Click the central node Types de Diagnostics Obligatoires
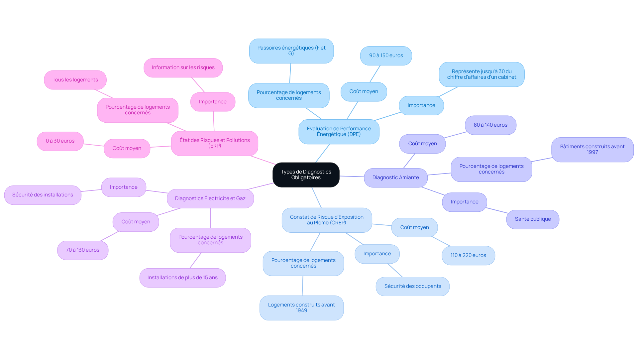pos(306,175)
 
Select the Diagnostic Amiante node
pos(395,178)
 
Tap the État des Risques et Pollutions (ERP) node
pos(214,143)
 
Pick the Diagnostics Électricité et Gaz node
pos(210,198)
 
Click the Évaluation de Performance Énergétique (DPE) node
pos(339,132)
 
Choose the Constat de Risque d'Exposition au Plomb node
pos(326,220)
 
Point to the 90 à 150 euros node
pos(386,56)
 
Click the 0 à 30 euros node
pos(60,141)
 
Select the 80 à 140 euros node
pos(490,125)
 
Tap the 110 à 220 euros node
pos(468,255)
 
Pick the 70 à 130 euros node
pos(82,250)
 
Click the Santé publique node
pos(532,219)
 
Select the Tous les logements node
pos(75,80)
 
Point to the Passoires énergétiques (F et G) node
pos(291,51)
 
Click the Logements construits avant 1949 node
pos(301,308)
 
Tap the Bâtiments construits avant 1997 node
pos(592,150)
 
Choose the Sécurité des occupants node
pos(412,286)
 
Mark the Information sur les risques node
pos(183,68)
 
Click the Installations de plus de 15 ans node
pos(182,278)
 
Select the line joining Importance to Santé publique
pos(497,210)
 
